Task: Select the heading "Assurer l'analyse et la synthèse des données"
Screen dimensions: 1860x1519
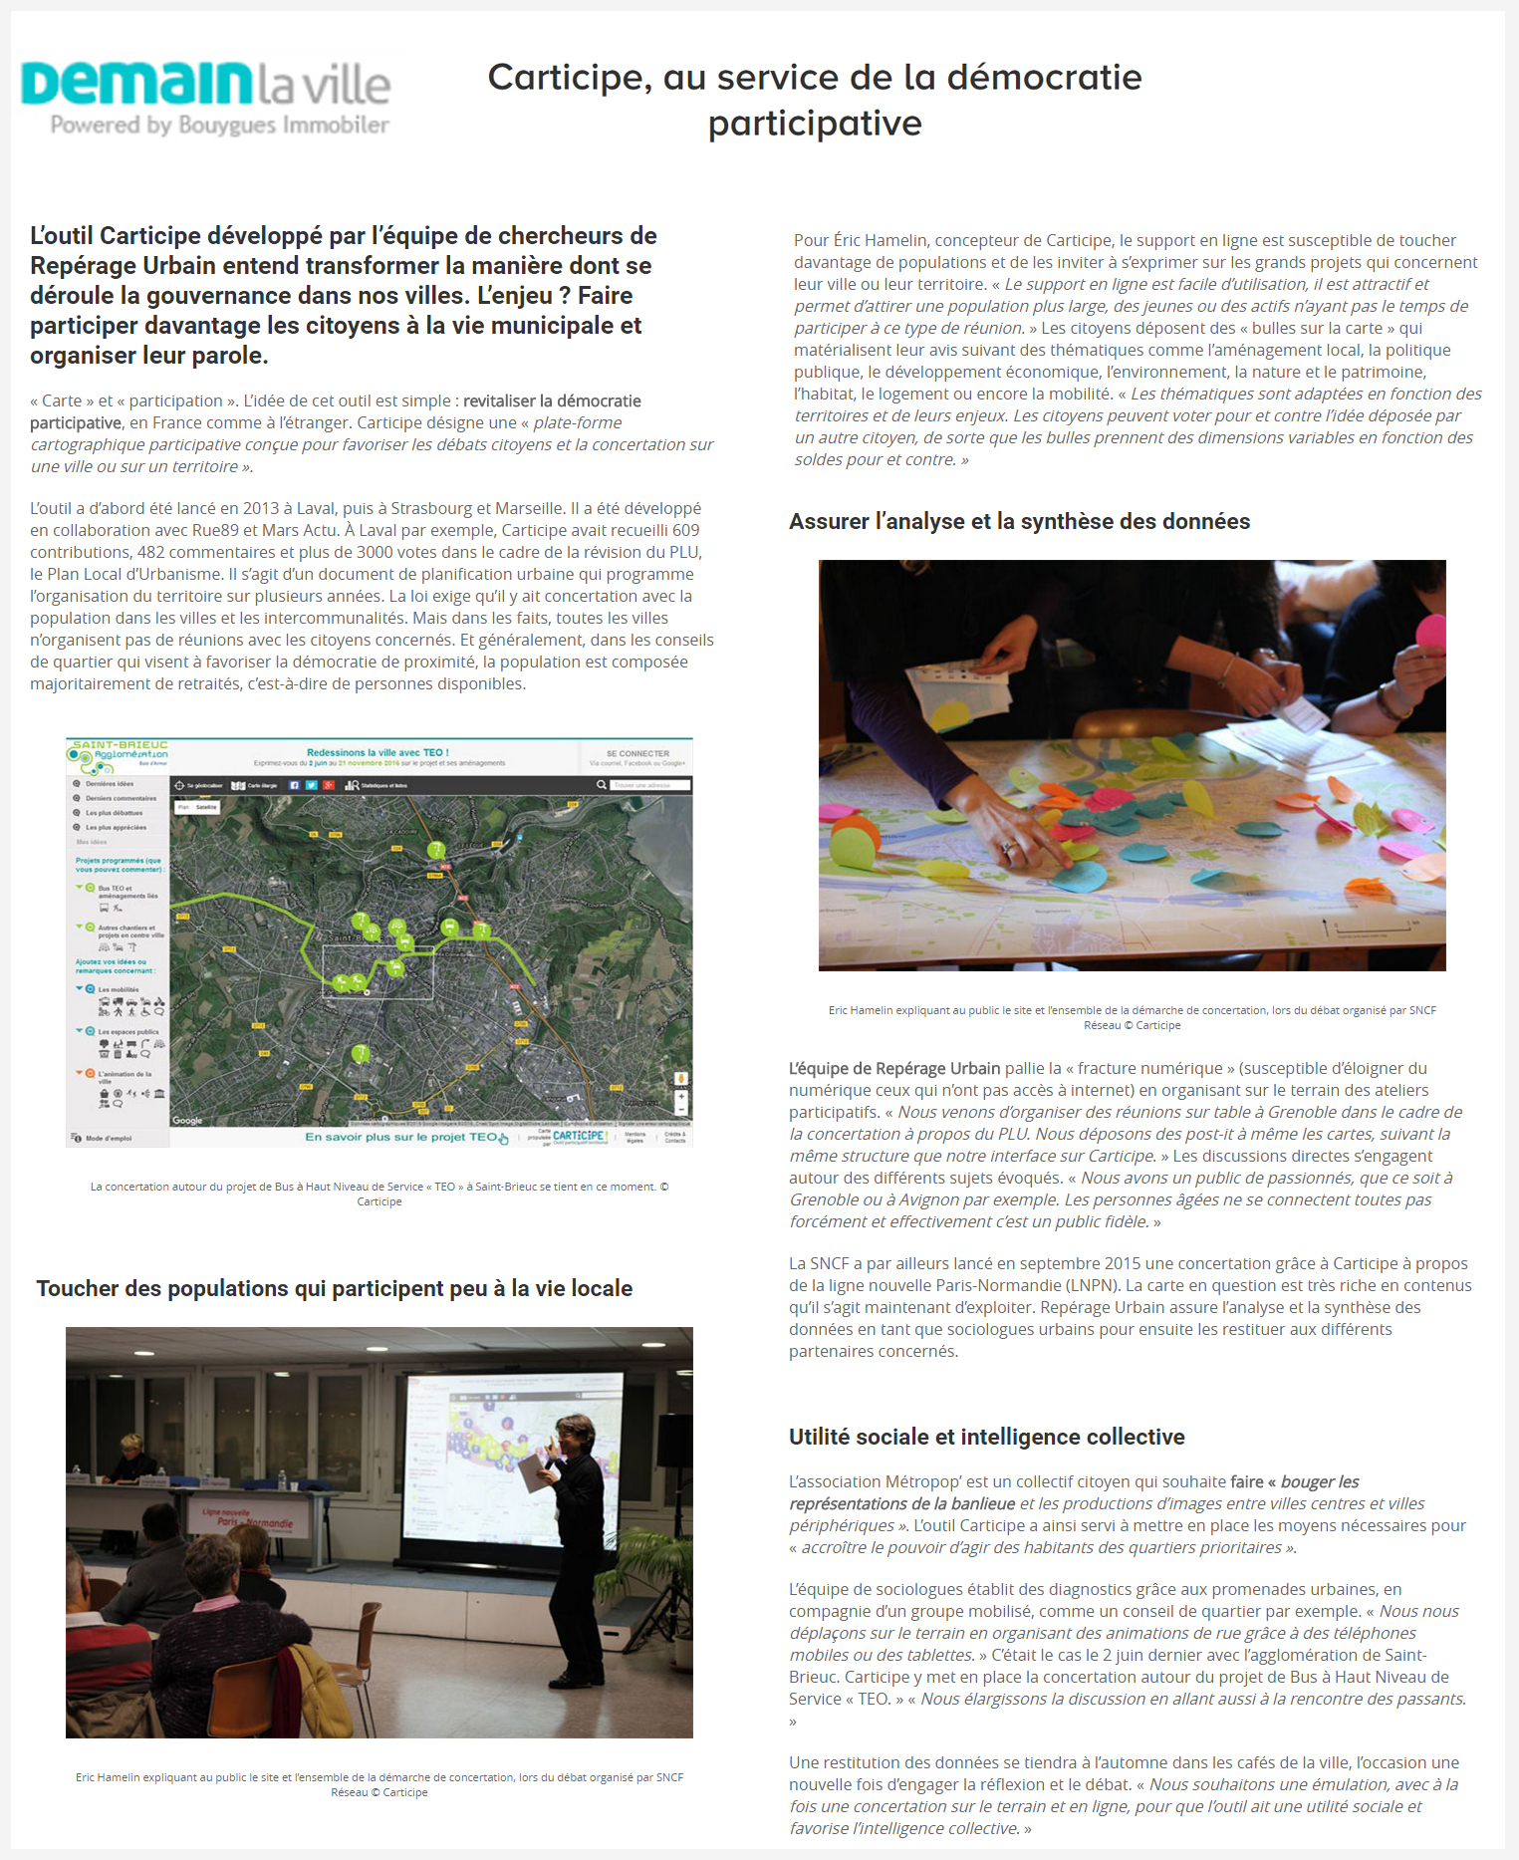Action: click(x=1019, y=521)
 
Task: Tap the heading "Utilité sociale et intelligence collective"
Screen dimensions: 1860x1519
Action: click(x=986, y=1437)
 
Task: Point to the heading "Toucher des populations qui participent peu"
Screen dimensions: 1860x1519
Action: click(x=334, y=1288)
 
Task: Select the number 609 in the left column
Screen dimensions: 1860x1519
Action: click(x=685, y=530)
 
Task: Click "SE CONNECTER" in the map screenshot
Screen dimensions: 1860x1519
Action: click(x=637, y=754)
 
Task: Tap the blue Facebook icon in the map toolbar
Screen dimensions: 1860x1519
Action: click(x=294, y=785)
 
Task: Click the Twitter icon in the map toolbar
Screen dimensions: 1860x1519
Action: click(x=311, y=785)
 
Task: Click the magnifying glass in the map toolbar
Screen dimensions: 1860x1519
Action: click(x=602, y=785)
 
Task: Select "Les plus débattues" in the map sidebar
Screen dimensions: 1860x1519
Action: click(x=114, y=813)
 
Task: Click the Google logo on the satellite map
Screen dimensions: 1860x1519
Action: click(x=187, y=1120)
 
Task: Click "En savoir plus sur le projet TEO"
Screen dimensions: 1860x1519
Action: click(x=400, y=1137)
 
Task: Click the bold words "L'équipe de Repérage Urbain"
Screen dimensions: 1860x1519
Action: click(x=893, y=1068)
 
